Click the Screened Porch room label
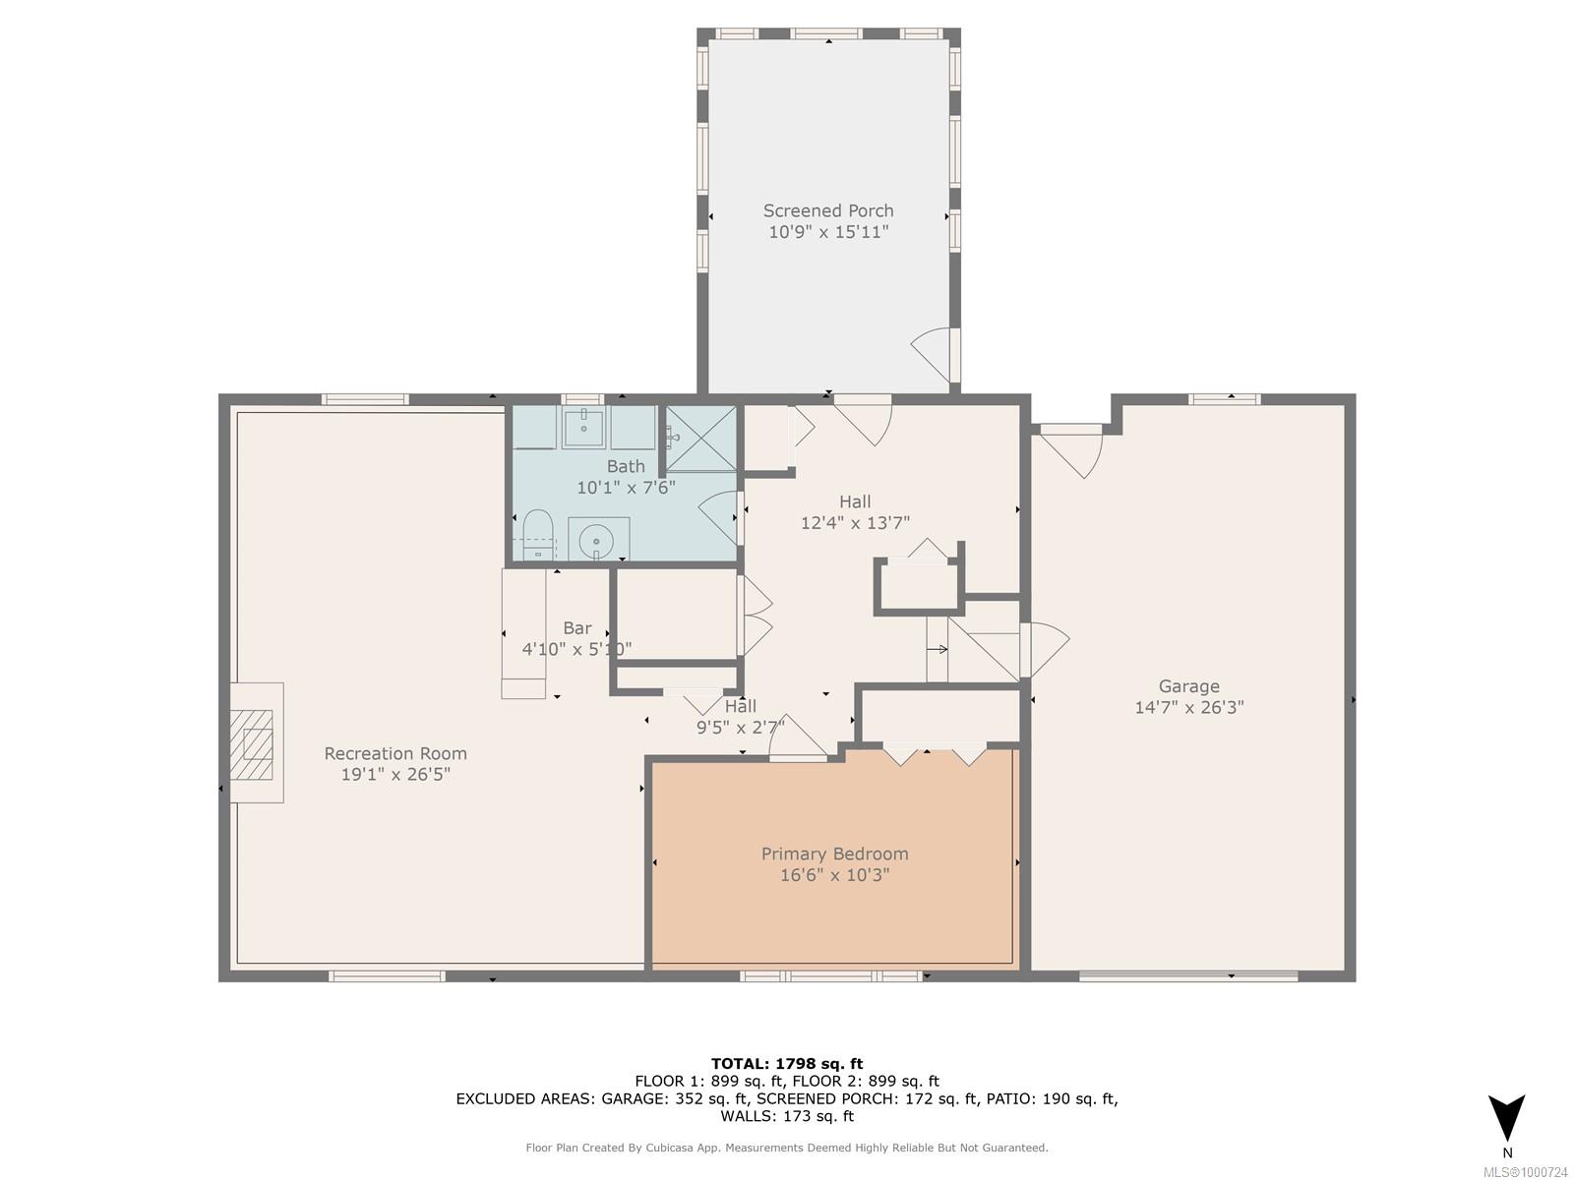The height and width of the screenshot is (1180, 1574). click(828, 210)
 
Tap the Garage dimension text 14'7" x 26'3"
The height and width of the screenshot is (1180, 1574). click(1189, 707)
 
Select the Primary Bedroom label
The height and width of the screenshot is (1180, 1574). click(834, 854)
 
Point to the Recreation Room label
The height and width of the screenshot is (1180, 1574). click(395, 753)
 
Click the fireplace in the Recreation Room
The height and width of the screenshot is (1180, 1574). click(257, 743)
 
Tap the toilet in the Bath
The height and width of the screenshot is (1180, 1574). click(537, 534)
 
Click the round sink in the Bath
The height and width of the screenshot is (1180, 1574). click(596, 541)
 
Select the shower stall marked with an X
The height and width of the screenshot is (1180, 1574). click(701, 440)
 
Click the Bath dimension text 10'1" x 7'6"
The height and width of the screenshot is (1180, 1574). click(626, 488)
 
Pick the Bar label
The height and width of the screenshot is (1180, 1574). click(577, 628)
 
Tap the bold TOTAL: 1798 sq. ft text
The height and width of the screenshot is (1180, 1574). click(787, 1064)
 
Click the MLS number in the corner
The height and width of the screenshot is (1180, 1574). click(1525, 1172)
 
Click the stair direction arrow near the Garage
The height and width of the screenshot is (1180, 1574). click(938, 650)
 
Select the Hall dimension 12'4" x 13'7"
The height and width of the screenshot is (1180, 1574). click(855, 523)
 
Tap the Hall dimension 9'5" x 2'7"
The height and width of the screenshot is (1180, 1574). click(741, 728)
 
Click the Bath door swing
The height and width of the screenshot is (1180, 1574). click(718, 517)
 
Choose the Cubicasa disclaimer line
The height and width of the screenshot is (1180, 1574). click(787, 1148)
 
